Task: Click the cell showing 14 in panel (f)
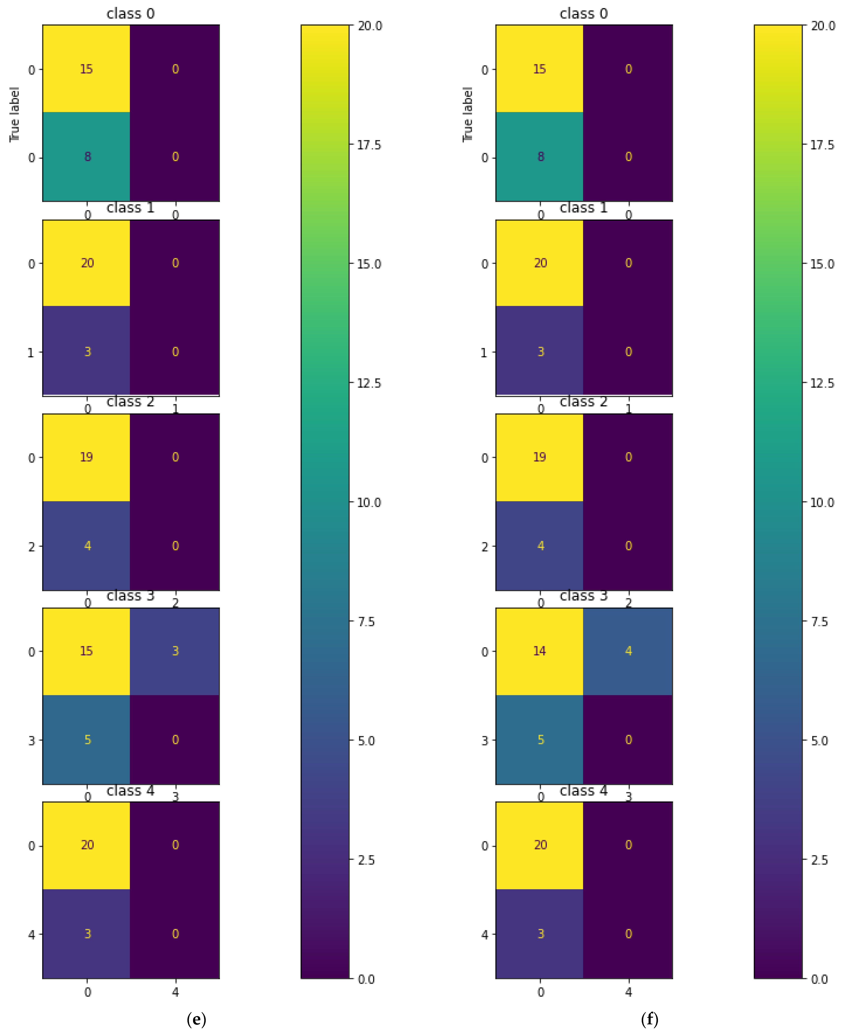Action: pyautogui.click(x=539, y=651)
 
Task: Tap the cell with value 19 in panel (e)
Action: pyautogui.click(x=86, y=457)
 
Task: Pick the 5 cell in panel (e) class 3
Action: pyautogui.click(x=87, y=740)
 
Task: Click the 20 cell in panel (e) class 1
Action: pyautogui.click(x=87, y=263)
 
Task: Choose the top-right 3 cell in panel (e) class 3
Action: pyautogui.click(x=175, y=651)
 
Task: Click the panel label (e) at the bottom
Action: pyautogui.click(x=196, y=1019)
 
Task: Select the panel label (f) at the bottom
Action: pyautogui.click(x=649, y=1019)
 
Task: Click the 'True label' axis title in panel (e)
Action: pyautogui.click(x=15, y=115)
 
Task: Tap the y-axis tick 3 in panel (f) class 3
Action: pyautogui.click(x=484, y=741)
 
